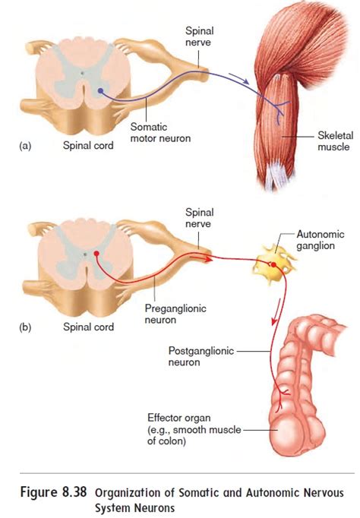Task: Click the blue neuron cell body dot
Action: [x=99, y=91]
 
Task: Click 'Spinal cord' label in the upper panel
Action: [x=87, y=147]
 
